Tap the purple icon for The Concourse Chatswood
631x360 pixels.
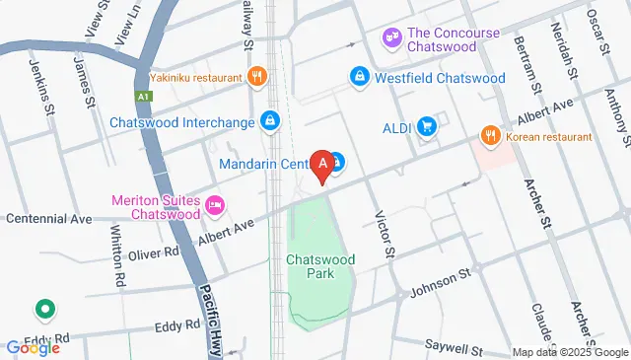[392, 37]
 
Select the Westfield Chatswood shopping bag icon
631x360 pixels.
[361, 77]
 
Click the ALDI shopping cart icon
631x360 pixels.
[426, 126]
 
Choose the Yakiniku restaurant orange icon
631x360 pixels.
[256, 76]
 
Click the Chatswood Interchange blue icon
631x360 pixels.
[270, 121]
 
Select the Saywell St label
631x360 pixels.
[454, 348]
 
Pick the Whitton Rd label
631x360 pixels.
[117, 256]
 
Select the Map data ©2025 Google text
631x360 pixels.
[569, 352]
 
